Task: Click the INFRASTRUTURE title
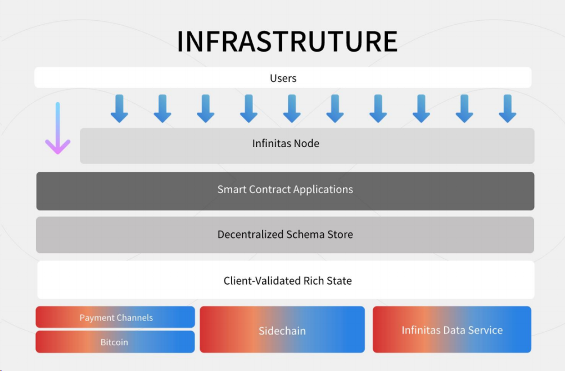coord(287,42)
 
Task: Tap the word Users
coord(283,78)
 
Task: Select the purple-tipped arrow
coord(57,129)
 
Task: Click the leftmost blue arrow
coord(119,108)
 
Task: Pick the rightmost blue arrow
coord(507,108)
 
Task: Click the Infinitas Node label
coord(286,144)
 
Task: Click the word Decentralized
coord(250,235)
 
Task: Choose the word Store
coord(340,235)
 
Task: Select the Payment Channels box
coord(115,317)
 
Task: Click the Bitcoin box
coord(114,342)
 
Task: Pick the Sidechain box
coord(282,330)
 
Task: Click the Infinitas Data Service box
coord(452,330)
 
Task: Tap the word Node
coord(307,144)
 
